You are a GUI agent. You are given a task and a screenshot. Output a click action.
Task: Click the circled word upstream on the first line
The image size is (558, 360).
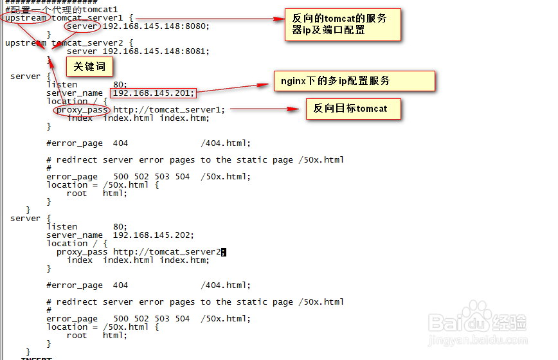click(25, 18)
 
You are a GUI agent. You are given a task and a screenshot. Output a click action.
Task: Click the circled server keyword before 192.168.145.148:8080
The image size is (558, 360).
click(82, 26)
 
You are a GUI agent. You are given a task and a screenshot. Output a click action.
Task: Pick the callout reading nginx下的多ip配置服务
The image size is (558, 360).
click(354, 81)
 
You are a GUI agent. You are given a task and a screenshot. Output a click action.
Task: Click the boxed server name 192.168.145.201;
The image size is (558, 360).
click(152, 93)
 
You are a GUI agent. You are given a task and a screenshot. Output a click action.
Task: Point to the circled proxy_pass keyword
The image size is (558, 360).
click(82, 110)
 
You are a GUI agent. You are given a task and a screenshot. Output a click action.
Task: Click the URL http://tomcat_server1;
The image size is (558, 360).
click(169, 110)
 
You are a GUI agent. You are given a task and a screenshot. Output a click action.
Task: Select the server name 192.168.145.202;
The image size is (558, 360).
click(153, 235)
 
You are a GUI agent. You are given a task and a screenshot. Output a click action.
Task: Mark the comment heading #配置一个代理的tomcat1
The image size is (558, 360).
click(61, 10)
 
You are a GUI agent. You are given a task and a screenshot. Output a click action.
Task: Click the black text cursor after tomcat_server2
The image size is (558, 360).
click(224, 252)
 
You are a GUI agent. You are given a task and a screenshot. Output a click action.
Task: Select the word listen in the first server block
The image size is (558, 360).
click(62, 85)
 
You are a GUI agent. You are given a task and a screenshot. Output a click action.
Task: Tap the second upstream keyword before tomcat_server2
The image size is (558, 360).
click(26, 43)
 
